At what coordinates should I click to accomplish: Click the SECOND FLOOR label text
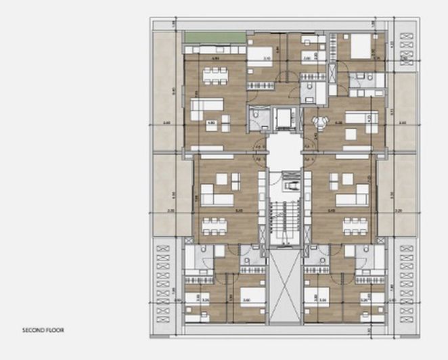pyautogui.click(x=43, y=330)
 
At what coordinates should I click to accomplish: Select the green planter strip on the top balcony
pyautogui.click(x=215, y=37)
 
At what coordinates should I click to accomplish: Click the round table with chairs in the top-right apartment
pyautogui.click(x=319, y=122)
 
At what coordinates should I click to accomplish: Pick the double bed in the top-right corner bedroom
pyautogui.click(x=361, y=45)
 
